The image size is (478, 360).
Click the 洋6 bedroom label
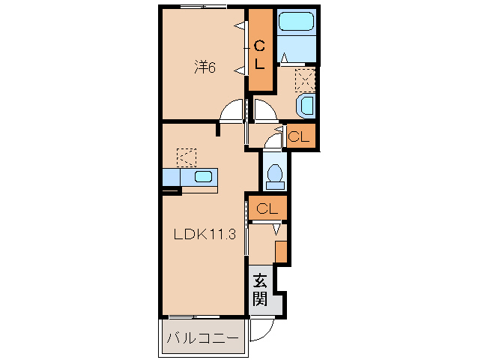pyautogui.click(x=205, y=67)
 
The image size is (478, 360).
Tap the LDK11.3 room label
pyautogui.click(x=205, y=233)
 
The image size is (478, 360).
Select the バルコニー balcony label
pyautogui.click(x=203, y=338)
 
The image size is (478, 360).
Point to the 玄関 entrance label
pyautogui.click(x=260, y=290)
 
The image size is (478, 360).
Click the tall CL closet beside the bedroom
pyautogui.click(x=260, y=50)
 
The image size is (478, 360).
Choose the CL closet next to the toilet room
pyautogui.click(x=299, y=136)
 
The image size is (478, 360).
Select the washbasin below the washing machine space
pyautogui.click(x=306, y=106)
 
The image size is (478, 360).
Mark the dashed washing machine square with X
pyautogui.click(x=306, y=79)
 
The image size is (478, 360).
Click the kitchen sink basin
pyautogui.click(x=203, y=177)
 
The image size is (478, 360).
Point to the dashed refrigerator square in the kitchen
pyautogui.click(x=186, y=157)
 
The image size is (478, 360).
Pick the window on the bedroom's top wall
pyautogui.click(x=203, y=7)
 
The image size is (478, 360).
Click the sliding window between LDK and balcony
pyautogui.click(x=184, y=316)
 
